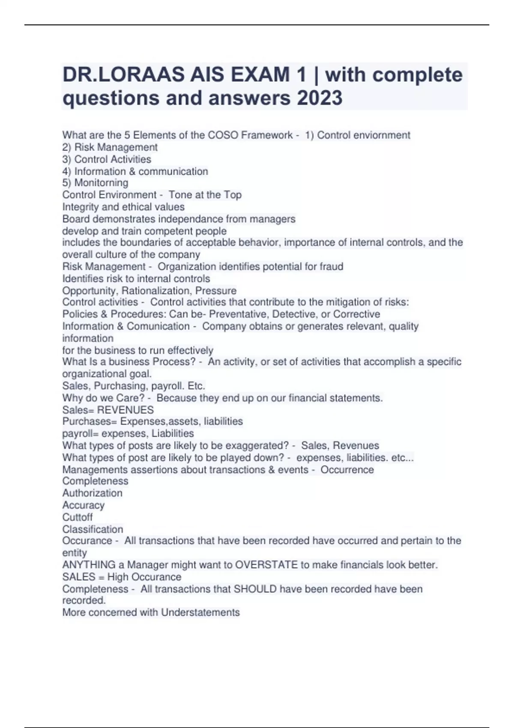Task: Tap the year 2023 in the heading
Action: point(319,98)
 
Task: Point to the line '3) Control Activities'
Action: point(107,159)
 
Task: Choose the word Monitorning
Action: point(101,183)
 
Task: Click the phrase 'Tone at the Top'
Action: point(205,195)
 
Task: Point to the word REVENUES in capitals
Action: point(126,410)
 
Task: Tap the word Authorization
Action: point(92,493)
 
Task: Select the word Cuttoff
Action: point(78,517)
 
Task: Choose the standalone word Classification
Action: point(93,529)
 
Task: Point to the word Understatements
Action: point(200,612)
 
